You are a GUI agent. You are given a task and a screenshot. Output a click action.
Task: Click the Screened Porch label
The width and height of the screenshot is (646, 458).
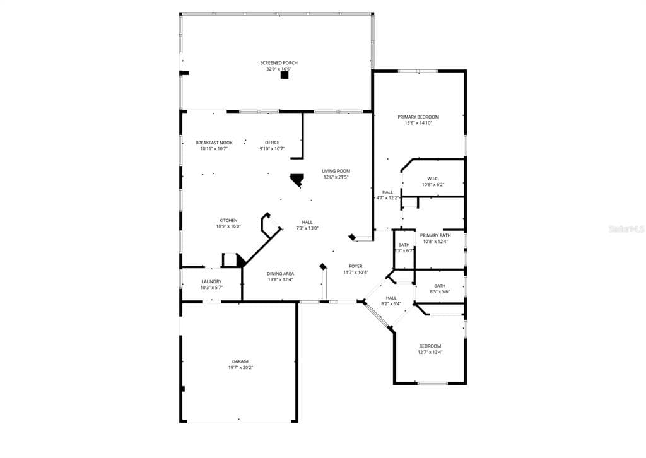click(278, 63)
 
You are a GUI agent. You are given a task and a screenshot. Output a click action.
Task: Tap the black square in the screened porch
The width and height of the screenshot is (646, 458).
click(285, 75)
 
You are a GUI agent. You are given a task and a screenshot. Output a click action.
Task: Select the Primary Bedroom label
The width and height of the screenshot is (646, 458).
click(418, 117)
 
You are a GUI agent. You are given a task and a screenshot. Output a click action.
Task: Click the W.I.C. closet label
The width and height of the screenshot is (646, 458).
click(432, 179)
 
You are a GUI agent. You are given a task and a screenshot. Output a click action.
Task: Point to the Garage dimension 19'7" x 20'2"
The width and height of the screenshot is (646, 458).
click(240, 368)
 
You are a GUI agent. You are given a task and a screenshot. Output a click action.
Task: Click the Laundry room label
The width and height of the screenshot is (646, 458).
click(211, 281)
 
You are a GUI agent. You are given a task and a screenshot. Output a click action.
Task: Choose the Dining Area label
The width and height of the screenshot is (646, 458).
click(280, 273)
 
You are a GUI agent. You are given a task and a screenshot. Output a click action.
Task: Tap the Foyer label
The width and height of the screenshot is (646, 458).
click(356, 266)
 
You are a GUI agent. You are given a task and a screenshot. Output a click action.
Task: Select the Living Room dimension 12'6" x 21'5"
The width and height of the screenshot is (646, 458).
click(336, 177)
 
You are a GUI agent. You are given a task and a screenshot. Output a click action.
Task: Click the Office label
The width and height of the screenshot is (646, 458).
click(272, 143)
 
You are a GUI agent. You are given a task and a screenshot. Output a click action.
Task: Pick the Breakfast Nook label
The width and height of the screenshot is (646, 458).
click(214, 143)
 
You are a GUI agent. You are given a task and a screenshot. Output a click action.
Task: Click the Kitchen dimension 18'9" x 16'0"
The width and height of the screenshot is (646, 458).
click(228, 226)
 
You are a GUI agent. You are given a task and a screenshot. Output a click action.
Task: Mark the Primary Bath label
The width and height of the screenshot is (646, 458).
click(435, 235)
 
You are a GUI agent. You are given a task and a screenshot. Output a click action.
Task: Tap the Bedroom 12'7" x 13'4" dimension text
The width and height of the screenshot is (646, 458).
click(430, 352)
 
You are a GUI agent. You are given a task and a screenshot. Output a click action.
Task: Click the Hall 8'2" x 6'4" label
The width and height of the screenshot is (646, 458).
click(391, 298)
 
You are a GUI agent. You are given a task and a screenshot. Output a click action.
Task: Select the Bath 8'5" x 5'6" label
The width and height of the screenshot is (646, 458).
click(439, 286)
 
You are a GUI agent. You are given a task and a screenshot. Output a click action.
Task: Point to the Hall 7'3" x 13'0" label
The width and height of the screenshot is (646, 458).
click(307, 222)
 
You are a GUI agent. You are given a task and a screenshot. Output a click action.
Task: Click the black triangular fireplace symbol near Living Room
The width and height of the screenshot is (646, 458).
click(297, 180)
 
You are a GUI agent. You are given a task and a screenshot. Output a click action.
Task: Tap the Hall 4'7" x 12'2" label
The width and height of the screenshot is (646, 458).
click(387, 192)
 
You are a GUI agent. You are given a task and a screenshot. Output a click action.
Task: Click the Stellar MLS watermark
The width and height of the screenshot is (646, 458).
click(626, 230)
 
